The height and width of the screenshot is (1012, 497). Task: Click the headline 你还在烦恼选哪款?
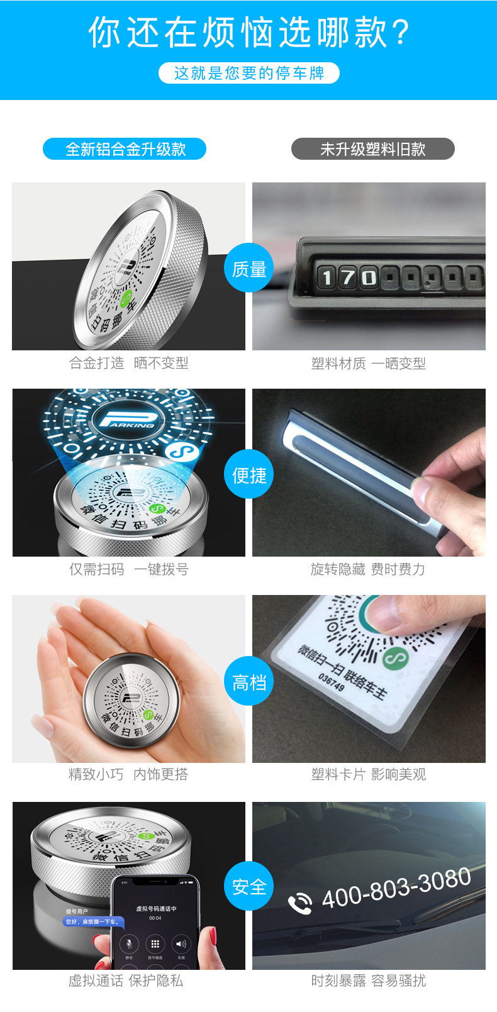248,32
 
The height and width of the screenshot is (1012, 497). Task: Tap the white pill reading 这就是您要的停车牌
248,73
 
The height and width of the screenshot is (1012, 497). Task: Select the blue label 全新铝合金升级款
125,149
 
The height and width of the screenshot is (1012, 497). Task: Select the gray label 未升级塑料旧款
372,149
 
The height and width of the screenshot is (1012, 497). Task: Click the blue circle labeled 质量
249,269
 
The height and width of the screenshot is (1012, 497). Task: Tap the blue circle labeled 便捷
249,475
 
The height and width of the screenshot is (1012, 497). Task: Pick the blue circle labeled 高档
249,682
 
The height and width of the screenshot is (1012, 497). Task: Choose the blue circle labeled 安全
249,887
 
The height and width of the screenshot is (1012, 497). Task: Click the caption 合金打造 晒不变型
129,363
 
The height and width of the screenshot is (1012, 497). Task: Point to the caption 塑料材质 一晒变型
369,364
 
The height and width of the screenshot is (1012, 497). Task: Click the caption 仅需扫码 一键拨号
129,569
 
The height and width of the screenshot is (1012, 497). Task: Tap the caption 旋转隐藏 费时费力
368,569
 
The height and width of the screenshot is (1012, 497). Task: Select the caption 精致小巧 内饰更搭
128,774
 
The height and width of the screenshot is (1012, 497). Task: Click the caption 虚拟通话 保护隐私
126,981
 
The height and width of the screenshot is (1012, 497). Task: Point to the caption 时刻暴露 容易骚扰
369,981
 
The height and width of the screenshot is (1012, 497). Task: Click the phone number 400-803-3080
396,887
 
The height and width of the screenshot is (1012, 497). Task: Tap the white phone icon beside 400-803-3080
300,903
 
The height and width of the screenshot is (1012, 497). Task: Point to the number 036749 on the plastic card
332,682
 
